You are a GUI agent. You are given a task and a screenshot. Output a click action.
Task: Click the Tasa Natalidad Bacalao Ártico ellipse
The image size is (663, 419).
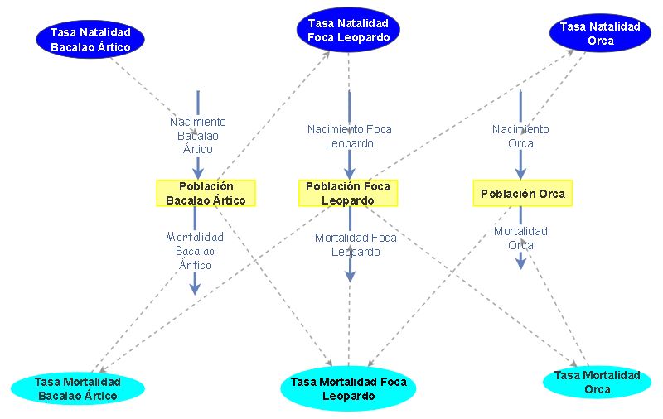[90, 40]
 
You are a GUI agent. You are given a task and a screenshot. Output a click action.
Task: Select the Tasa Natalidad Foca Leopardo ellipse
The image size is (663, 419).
[348, 31]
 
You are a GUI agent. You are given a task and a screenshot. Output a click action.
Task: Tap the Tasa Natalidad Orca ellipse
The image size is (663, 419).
[600, 34]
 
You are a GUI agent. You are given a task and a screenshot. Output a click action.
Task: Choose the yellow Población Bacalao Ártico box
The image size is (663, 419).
[206, 193]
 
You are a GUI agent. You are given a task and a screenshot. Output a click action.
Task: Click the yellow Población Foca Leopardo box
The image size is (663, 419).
[348, 193]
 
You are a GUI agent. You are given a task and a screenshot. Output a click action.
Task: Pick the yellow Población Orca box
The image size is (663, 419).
[522, 194]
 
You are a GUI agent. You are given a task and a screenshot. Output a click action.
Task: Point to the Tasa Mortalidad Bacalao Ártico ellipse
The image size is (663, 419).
[77, 388]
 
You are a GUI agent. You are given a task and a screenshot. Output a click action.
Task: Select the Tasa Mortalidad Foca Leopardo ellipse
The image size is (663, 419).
[348, 388]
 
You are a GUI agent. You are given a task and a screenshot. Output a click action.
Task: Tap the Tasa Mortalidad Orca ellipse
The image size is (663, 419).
[597, 382]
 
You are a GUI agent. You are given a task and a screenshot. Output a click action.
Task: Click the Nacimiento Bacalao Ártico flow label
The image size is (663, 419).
[197, 135]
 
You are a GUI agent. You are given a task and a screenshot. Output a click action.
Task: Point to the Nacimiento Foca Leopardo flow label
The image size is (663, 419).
[349, 136]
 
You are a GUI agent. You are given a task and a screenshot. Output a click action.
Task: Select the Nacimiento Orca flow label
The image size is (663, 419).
[520, 136]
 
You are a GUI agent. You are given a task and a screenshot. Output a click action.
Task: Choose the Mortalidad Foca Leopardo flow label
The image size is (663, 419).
[356, 244]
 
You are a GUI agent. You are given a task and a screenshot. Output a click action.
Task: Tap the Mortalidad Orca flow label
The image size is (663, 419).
[520, 238]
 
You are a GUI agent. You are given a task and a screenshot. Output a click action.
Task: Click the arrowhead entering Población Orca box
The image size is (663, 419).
[520, 173]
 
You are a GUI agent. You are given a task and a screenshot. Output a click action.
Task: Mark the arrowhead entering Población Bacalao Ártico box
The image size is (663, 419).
[198, 173]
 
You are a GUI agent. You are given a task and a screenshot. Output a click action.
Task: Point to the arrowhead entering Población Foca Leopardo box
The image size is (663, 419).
[350, 173]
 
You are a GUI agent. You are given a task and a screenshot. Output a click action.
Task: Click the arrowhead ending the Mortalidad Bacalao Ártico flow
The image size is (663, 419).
[195, 288]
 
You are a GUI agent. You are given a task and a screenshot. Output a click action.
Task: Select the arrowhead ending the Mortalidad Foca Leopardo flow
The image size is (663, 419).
[350, 276]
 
